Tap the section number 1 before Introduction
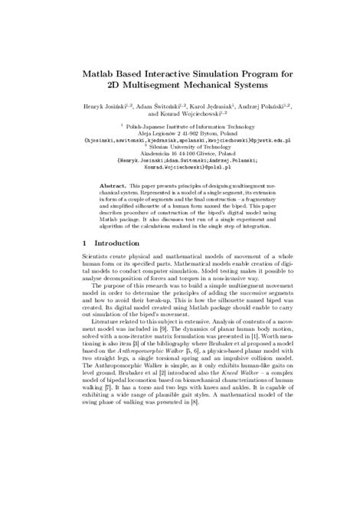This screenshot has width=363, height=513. [x=83, y=263]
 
